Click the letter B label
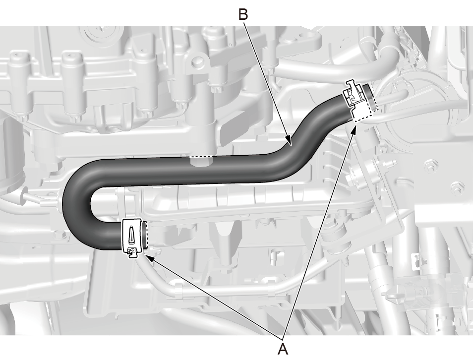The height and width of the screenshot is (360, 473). coord(243,14)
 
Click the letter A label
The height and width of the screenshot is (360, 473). coord(283,349)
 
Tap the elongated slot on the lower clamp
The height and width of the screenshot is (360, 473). coord(131,234)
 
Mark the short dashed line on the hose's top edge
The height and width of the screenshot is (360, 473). coord(201,157)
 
